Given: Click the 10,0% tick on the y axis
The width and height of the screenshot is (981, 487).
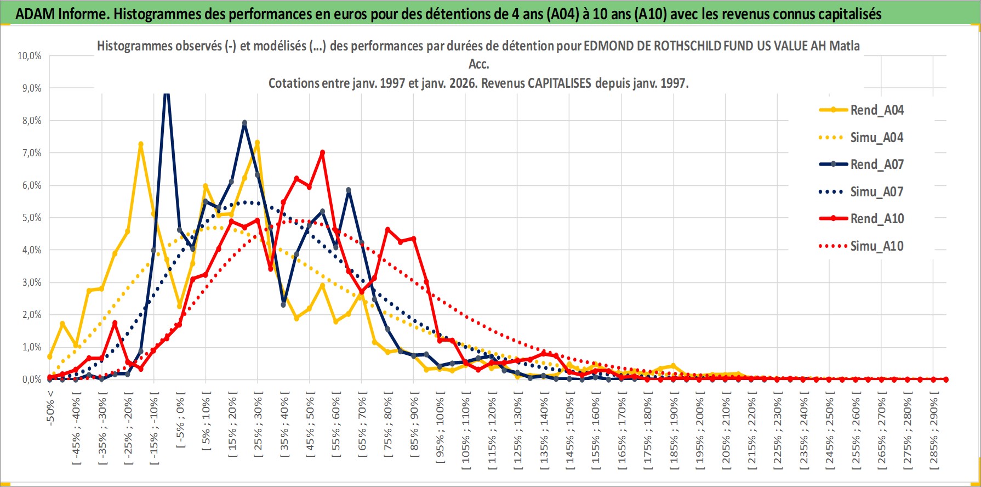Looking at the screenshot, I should tap(30, 56).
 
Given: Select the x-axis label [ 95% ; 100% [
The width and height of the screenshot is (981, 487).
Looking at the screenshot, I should tap(440, 428).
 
